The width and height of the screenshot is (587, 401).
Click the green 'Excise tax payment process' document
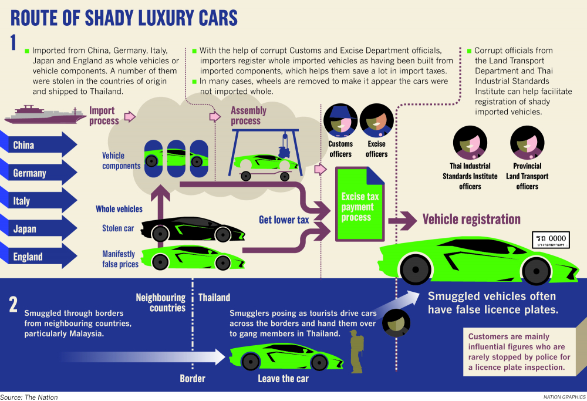point(360,206)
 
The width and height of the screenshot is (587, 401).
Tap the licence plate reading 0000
point(551,240)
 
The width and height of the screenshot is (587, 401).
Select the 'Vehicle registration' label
point(471,220)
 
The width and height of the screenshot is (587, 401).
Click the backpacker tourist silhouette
point(355,352)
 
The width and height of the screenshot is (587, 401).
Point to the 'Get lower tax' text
point(284,220)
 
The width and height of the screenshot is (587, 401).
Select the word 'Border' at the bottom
point(193,379)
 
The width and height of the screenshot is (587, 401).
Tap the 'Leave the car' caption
point(283,379)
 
